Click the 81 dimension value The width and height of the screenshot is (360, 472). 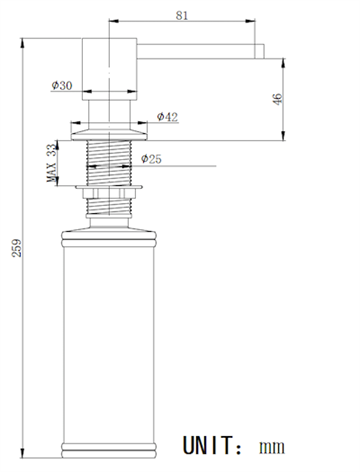coord(182,15)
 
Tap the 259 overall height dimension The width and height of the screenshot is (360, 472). coord(17,248)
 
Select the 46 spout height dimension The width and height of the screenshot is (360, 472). coord(277,99)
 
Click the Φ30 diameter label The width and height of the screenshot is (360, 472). coord(62,85)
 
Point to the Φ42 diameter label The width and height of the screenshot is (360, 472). coord(167,117)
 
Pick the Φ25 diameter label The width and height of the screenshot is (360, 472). coord(151,159)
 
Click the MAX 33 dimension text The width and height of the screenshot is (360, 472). coord(51,163)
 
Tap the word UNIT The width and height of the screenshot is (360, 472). coord(207,445)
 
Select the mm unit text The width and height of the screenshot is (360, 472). coord(272,447)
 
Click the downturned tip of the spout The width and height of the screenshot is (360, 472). coord(259,51)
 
